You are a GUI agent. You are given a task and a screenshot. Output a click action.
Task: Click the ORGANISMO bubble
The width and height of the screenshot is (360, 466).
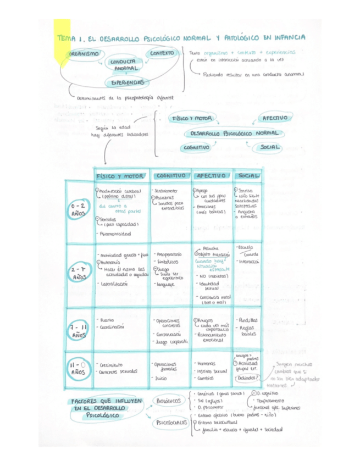point(84,53)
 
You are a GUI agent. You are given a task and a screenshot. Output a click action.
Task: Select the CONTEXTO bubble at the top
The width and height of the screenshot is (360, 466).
point(162,53)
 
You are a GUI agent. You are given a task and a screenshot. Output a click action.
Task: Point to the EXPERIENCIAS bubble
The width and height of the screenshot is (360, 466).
point(128,82)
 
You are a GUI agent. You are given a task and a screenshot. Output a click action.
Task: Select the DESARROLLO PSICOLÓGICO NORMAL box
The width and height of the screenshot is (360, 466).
point(234,134)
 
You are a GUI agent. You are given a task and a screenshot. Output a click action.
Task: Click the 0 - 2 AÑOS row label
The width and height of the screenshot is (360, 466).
point(79,209)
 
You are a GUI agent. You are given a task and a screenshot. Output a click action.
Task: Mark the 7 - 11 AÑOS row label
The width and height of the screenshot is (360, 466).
point(79,329)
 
